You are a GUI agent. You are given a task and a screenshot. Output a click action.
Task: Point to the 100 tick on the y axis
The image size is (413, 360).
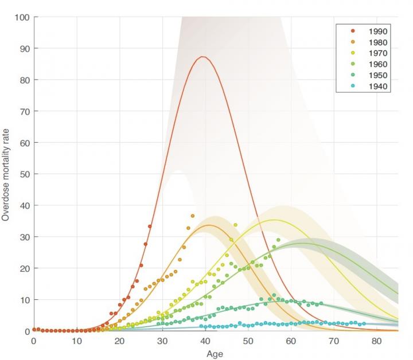click(22, 17)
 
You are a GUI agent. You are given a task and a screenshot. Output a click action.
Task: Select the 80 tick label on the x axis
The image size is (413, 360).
click(376, 341)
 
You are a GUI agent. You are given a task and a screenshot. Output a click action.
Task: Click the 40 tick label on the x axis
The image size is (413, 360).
click(205, 341)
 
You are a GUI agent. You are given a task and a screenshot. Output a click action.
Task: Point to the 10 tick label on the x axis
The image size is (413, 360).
click(76, 341)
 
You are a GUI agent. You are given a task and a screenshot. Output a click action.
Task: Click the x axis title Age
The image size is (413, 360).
click(215, 354)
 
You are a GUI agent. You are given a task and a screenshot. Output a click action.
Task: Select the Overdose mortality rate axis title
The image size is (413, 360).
click(6, 175)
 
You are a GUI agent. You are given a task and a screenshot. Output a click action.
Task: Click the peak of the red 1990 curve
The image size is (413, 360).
click(202, 57)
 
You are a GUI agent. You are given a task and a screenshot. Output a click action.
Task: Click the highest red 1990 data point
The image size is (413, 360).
click(150, 226)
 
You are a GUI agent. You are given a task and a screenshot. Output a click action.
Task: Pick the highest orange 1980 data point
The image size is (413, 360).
click(193, 216)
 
